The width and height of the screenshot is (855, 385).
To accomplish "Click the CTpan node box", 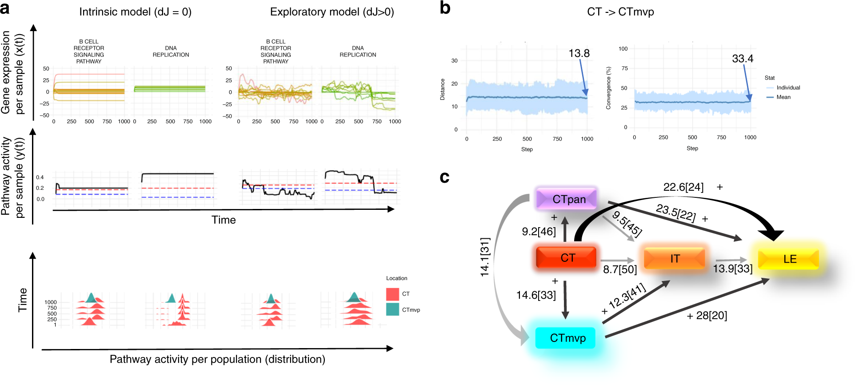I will [x=567, y=199].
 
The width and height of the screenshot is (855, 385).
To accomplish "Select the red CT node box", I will [x=566, y=258].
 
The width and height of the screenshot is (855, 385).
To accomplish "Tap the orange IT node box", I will [x=674, y=258].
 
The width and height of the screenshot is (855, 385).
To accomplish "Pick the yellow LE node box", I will [x=788, y=259].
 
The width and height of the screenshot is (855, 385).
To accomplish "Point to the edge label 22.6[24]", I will [x=683, y=187].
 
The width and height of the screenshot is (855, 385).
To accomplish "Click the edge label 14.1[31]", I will [x=485, y=257].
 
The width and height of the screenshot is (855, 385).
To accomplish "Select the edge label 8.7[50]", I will [x=620, y=269].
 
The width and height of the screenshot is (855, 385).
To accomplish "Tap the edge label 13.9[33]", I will [x=732, y=269].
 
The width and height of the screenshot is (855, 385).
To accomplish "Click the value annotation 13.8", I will [x=579, y=53].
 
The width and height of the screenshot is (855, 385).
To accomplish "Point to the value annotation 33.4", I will [x=743, y=59].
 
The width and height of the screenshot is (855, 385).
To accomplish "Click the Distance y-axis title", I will [x=442, y=89].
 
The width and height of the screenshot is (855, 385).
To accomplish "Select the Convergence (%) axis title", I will [x=608, y=88].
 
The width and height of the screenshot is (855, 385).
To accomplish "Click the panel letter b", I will [x=445, y=8].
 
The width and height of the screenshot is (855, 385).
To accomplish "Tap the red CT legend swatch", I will [x=392, y=294].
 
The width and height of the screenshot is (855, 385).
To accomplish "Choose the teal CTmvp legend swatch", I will [x=392, y=309].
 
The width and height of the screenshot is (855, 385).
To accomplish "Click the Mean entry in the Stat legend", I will [x=783, y=97].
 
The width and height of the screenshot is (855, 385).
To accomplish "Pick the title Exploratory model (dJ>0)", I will [x=332, y=12].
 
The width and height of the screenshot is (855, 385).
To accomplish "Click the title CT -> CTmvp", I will [x=620, y=12].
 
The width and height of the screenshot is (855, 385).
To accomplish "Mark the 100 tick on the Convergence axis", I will [x=623, y=48].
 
